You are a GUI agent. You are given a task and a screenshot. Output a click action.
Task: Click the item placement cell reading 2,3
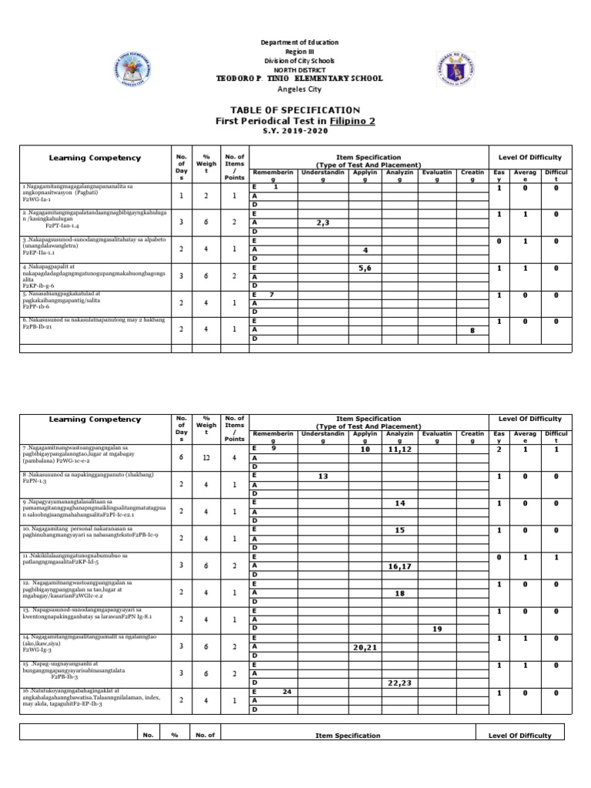point(322,222)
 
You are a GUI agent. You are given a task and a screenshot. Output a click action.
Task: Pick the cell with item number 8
point(472,329)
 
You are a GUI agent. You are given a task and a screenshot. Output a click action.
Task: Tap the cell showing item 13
point(322,476)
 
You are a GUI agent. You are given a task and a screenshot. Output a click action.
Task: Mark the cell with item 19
point(438,629)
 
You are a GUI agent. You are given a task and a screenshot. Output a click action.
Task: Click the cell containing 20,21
point(366,647)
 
